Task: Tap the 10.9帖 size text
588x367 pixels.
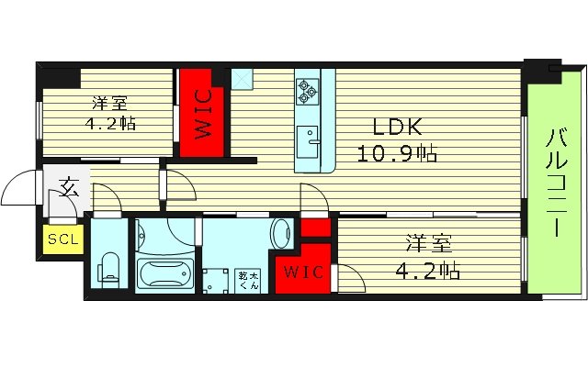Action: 397,153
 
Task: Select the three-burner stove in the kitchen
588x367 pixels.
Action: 307,90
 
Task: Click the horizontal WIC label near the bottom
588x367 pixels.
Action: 299,272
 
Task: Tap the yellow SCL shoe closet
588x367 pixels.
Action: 63,240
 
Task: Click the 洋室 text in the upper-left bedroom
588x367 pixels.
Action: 109,104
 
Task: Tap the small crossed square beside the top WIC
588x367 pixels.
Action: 243,81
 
